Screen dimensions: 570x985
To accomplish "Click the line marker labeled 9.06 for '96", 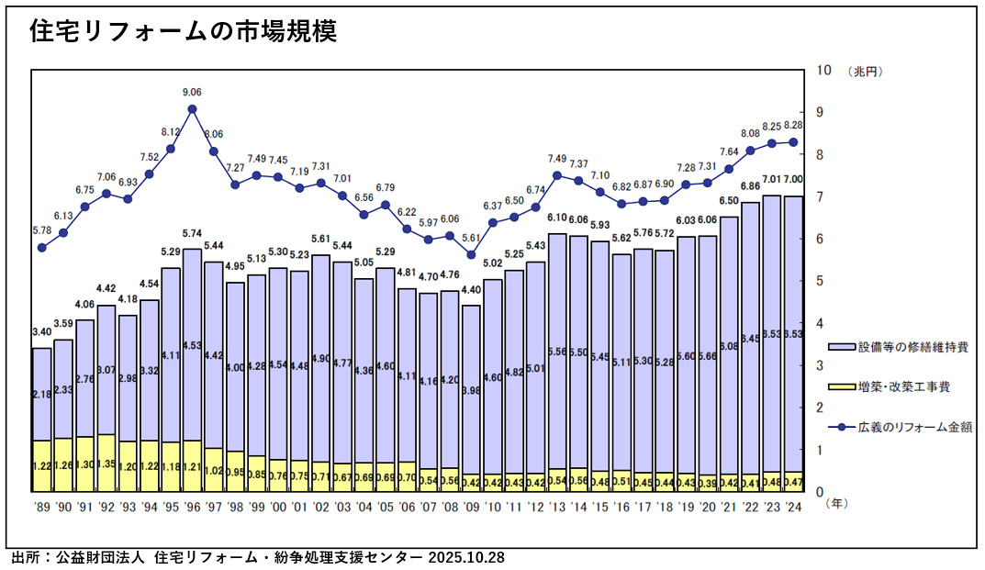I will point(192,109).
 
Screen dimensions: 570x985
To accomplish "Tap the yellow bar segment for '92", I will point(106,463).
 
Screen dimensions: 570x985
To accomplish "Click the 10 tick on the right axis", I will point(823,71).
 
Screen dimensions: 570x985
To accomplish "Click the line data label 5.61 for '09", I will point(471,238).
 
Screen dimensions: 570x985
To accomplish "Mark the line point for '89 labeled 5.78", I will point(42,248).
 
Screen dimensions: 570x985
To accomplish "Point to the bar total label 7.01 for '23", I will point(771,180).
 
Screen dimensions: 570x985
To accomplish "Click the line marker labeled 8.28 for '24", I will point(793,142).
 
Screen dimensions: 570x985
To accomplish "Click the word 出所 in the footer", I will point(26,557).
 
